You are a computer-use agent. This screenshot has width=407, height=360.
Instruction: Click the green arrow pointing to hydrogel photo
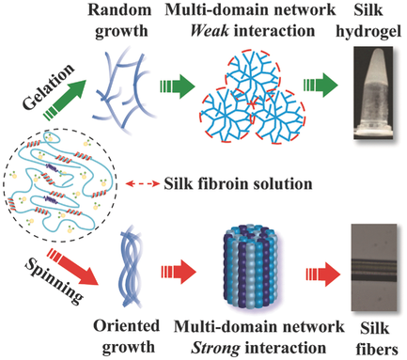tap(314, 102)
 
